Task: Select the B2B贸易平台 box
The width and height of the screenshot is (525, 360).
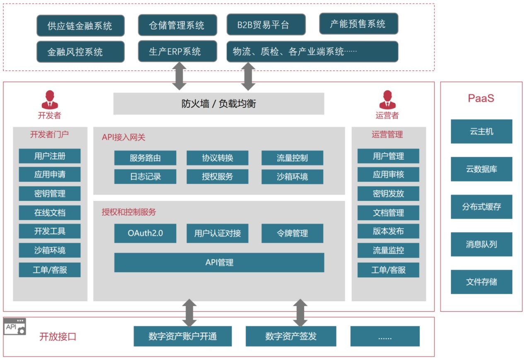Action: click(266, 24)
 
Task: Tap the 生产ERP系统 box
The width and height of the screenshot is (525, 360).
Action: click(177, 51)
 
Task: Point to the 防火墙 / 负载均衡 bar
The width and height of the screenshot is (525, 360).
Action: click(218, 104)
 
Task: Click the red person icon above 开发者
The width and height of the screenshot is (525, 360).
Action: click(50, 100)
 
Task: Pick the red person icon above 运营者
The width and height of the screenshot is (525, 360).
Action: click(387, 100)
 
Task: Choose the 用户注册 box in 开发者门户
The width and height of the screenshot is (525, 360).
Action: click(50, 156)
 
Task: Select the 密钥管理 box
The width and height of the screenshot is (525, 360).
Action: click(50, 193)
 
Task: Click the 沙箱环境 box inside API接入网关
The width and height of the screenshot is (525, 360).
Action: click(292, 176)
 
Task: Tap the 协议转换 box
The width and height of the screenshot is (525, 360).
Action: click(217, 158)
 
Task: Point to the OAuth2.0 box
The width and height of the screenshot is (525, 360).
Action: click(145, 233)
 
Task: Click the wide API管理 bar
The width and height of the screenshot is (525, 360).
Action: click(219, 262)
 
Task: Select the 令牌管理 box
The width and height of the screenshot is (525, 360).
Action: click(292, 233)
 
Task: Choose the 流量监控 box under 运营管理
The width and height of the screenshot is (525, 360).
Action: click(388, 250)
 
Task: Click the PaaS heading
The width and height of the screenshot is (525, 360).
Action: click(481, 98)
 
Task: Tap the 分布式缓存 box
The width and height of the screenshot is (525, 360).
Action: click(481, 206)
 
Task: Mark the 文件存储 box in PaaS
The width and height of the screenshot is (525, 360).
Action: click(481, 282)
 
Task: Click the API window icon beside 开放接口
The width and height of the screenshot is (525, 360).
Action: click(15, 326)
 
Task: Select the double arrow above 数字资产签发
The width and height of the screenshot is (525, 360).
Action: click(300, 313)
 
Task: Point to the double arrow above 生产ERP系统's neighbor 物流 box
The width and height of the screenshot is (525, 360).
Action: click(248, 76)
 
